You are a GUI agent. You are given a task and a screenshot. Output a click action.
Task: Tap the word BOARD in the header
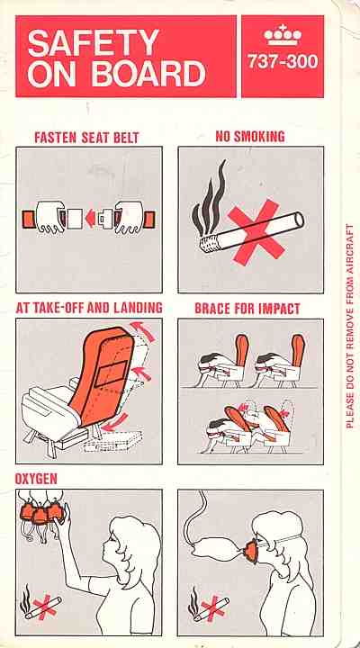(148, 75)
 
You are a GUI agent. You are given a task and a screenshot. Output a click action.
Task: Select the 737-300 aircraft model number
(283, 62)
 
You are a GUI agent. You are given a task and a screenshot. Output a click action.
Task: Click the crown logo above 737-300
(283, 35)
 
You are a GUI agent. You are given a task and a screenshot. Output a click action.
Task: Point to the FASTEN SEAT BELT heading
(86, 138)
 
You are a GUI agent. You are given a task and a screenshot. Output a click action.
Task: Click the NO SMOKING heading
(250, 137)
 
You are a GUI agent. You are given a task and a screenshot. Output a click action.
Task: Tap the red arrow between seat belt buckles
(90, 219)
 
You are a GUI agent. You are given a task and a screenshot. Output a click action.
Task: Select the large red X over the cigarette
(256, 231)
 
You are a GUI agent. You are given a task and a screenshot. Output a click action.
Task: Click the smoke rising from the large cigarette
(210, 198)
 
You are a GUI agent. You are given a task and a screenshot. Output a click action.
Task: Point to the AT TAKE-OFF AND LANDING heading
(89, 308)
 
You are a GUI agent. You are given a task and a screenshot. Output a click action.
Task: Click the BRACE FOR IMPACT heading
(247, 309)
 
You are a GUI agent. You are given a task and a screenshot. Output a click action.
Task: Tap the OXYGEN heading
(36, 479)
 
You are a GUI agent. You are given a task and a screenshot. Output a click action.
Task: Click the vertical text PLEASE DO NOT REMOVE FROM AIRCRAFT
(350, 326)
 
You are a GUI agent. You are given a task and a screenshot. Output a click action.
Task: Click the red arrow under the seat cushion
(114, 422)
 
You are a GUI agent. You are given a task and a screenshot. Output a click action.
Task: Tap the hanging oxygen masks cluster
(40, 511)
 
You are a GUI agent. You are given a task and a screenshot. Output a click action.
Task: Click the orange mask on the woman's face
(250, 552)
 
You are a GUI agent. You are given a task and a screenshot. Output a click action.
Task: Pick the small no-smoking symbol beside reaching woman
(40, 605)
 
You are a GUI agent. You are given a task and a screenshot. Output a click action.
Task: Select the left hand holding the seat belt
(50, 218)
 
